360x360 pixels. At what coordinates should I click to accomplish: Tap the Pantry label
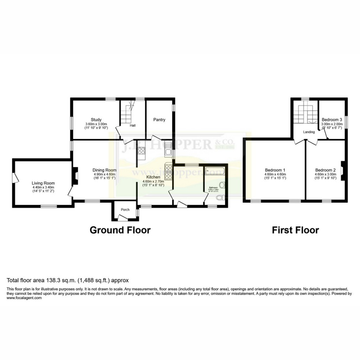[159, 120]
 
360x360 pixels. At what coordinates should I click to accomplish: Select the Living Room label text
[43, 183]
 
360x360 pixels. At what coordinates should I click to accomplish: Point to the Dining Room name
[104, 170]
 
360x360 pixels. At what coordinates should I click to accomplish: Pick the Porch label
[125, 210]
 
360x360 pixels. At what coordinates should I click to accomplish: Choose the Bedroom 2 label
[325, 170]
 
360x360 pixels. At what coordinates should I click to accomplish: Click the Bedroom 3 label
[332, 120]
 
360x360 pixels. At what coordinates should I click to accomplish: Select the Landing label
[309, 132]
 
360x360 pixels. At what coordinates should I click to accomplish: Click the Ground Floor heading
[120, 230]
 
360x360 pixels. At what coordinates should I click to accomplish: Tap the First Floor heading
[295, 230]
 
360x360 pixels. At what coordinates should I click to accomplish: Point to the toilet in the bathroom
[220, 198]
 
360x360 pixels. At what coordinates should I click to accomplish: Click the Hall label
[133, 126]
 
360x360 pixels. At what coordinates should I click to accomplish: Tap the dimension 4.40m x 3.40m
[43, 187]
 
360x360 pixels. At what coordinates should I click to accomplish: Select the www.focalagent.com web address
[24, 298]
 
